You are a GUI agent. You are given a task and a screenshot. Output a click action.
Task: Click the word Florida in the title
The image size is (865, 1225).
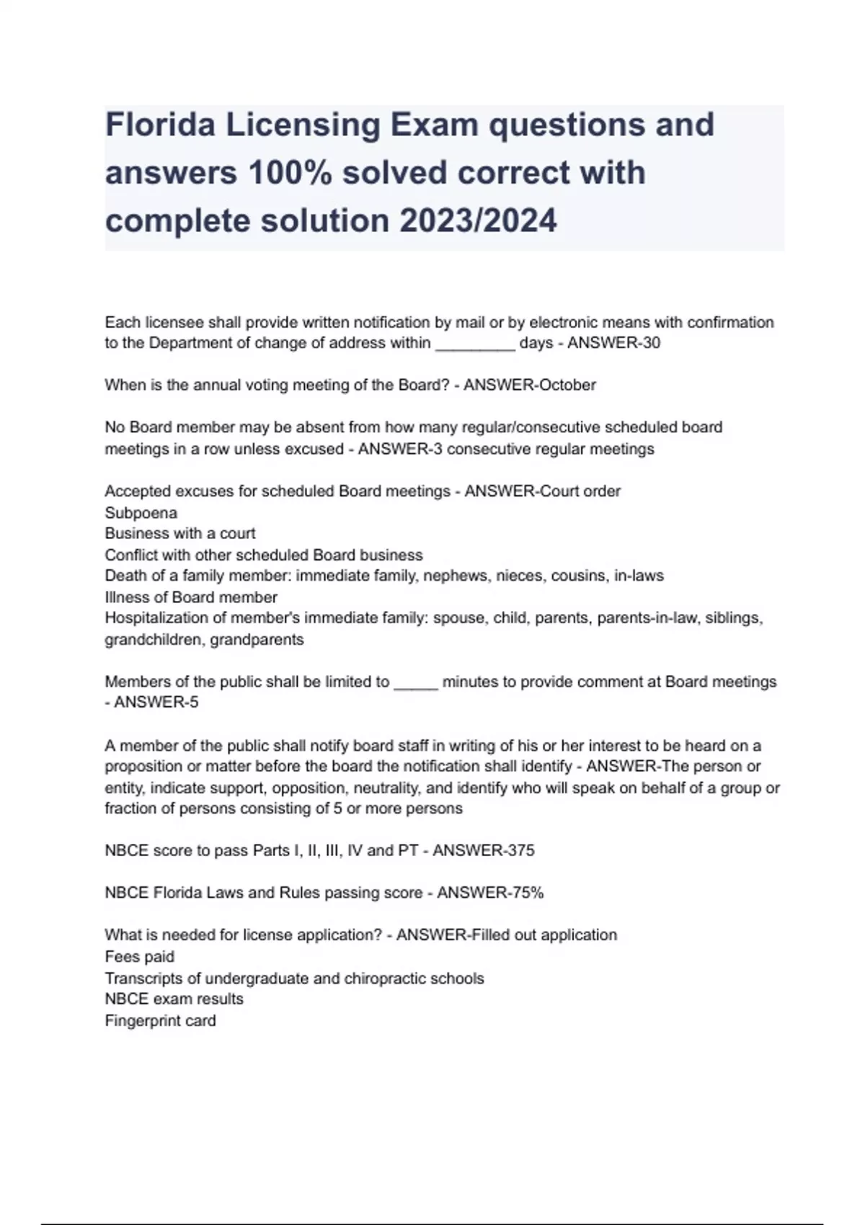pos(160,125)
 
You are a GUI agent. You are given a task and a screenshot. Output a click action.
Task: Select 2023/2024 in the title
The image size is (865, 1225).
pos(478,220)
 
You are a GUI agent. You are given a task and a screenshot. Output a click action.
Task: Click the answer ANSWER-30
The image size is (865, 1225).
pos(613,343)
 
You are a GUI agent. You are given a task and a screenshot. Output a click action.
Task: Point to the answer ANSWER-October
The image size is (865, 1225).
pos(529,385)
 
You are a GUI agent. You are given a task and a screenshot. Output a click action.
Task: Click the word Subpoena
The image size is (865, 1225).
pos(141,513)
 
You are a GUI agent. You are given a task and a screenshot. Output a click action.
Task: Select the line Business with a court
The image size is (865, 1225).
pos(180,534)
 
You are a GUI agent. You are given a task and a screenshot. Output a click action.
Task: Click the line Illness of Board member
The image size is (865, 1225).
pos(191,597)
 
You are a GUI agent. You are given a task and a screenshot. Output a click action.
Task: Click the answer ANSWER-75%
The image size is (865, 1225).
pos(490,893)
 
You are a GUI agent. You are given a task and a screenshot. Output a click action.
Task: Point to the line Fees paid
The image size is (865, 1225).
pos(140,957)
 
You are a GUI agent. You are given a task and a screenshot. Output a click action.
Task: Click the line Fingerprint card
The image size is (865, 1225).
pos(160,1021)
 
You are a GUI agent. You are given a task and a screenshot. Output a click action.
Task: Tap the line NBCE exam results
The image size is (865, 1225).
pos(174,999)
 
